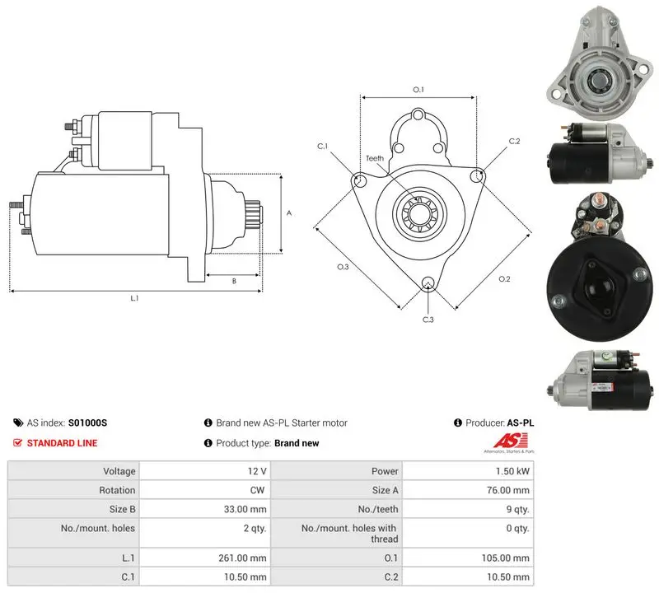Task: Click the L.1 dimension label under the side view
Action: point(134,298)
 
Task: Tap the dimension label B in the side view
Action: point(234,281)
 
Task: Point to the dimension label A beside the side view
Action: point(289,213)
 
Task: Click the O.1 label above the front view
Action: point(418,90)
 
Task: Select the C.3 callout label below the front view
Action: point(428,320)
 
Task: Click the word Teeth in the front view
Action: point(375,158)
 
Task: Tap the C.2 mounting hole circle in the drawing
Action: point(477,176)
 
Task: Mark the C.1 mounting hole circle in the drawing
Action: point(360,181)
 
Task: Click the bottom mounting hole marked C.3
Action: point(428,282)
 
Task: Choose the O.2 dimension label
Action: point(504,279)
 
